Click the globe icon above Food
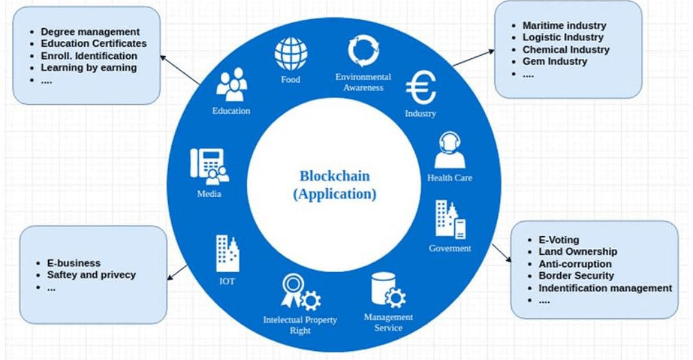point(291,55)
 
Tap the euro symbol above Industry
point(421,88)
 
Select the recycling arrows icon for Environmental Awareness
point(363,51)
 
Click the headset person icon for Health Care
point(449,151)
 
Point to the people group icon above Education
point(231,85)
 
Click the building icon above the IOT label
point(227,253)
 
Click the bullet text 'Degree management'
point(90,31)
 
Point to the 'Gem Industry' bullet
point(554,62)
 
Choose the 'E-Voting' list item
point(558,240)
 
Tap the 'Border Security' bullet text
point(576,276)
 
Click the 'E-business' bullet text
point(74,263)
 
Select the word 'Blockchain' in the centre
point(334,176)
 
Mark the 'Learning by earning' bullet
point(89,68)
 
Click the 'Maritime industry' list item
point(564,26)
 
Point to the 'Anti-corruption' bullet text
point(575,264)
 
